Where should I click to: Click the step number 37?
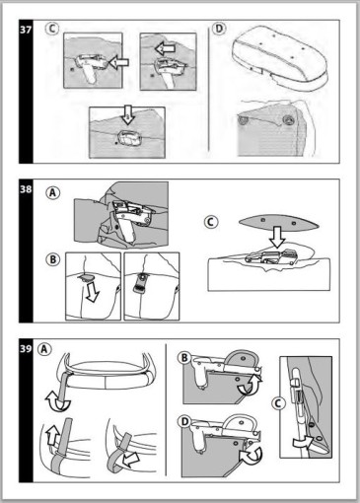pyautogui.click(x=26, y=30)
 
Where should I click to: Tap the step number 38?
pyautogui.click(x=26, y=189)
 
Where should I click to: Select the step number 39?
pyautogui.click(x=26, y=348)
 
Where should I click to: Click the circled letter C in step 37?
pyautogui.click(x=52, y=29)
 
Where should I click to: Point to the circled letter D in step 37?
pyautogui.click(x=219, y=29)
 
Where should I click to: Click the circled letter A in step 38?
pyautogui.click(x=53, y=192)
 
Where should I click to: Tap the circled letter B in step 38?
pyautogui.click(x=53, y=259)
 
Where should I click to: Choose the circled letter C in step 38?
pyautogui.click(x=211, y=222)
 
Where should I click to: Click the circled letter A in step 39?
pyautogui.click(x=44, y=349)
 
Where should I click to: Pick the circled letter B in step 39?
pyautogui.click(x=184, y=358)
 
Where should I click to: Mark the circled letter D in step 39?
pyautogui.click(x=184, y=422)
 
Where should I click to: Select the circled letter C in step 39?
pyautogui.click(x=278, y=403)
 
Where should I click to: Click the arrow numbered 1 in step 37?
pyautogui.click(x=118, y=62)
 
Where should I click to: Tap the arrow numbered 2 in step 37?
pyautogui.click(x=165, y=49)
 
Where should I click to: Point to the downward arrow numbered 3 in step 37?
pyautogui.click(x=127, y=114)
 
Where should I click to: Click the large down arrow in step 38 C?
pyautogui.click(x=278, y=238)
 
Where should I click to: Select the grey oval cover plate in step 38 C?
pyautogui.click(x=279, y=223)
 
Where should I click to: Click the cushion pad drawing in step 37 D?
pyautogui.click(x=280, y=58)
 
